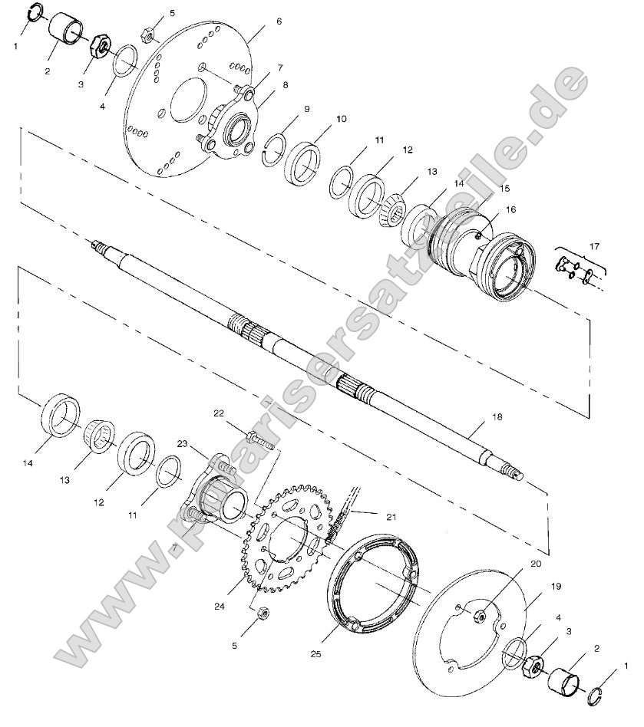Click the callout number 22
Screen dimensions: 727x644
point(219,413)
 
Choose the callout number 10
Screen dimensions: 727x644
point(341,119)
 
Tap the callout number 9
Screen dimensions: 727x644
point(306,109)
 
